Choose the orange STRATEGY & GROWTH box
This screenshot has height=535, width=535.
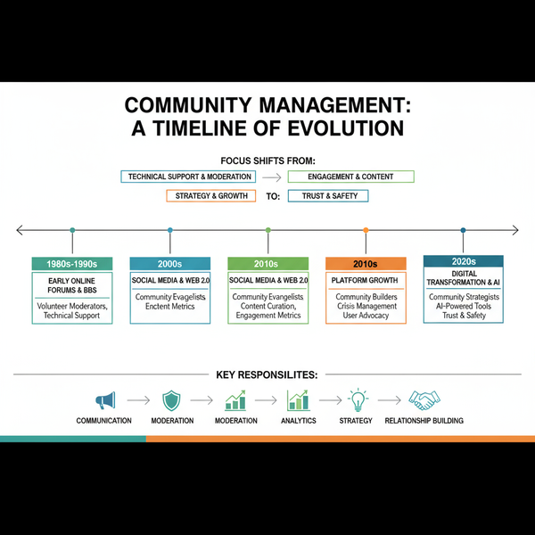[x=211, y=196]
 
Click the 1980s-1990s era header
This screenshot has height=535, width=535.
[x=71, y=263]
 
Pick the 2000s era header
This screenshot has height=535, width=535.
[x=169, y=263]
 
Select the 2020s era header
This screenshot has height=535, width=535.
[x=463, y=261]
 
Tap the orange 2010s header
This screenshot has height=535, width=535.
[x=366, y=263]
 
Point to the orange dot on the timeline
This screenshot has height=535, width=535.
[x=366, y=230]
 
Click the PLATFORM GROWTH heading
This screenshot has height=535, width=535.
[x=366, y=280]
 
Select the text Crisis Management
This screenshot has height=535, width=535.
[x=366, y=306]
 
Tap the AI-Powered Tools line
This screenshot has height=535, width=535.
[x=463, y=306]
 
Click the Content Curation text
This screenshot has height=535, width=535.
[x=267, y=306]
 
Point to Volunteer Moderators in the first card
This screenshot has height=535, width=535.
[x=71, y=306]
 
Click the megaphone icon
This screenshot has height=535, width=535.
[x=104, y=399]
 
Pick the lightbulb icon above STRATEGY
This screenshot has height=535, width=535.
[x=358, y=399]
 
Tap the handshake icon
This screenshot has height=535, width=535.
[x=424, y=399]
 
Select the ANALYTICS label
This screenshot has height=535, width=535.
[x=298, y=421]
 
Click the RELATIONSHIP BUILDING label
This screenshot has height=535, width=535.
[x=424, y=421]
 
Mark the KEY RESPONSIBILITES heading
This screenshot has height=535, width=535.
[x=267, y=375]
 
